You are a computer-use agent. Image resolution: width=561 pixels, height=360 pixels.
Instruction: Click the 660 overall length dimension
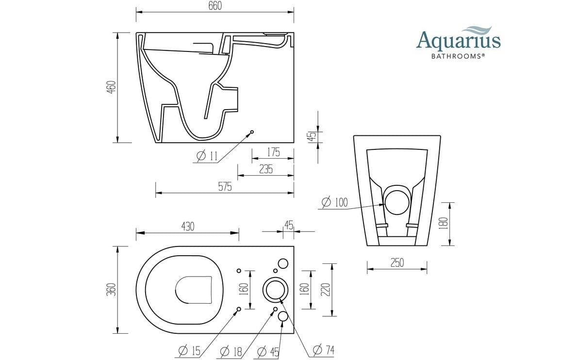pyautogui.click(x=214, y=6)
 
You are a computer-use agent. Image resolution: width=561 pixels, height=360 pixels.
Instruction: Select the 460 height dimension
pyautogui.click(x=111, y=88)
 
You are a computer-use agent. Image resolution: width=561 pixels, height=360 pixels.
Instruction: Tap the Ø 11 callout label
pyautogui.click(x=208, y=156)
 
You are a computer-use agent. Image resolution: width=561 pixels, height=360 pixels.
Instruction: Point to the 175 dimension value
pyautogui.click(x=273, y=152)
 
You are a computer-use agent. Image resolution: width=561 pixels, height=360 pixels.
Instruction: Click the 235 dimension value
pyautogui.click(x=266, y=169)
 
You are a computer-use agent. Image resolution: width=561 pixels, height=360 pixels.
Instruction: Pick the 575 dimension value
pyautogui.click(x=224, y=187)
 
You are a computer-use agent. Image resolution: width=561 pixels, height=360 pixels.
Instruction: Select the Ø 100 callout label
pyautogui.click(x=335, y=202)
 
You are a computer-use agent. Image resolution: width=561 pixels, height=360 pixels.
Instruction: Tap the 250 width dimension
pyautogui.click(x=397, y=262)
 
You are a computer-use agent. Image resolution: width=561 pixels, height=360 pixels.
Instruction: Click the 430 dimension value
pyautogui.click(x=187, y=227)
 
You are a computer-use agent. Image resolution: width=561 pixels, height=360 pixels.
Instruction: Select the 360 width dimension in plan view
pyautogui.click(x=111, y=290)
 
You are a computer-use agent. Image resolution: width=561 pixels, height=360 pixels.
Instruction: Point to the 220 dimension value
pyautogui.click(x=326, y=290)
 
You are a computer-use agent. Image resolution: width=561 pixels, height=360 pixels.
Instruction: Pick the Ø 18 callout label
pyautogui.click(x=231, y=350)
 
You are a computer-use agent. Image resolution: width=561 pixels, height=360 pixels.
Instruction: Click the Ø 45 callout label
pyautogui.click(x=268, y=350)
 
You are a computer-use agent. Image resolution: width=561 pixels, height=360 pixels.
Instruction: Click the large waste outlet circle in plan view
pyautogui.click(x=275, y=290)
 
